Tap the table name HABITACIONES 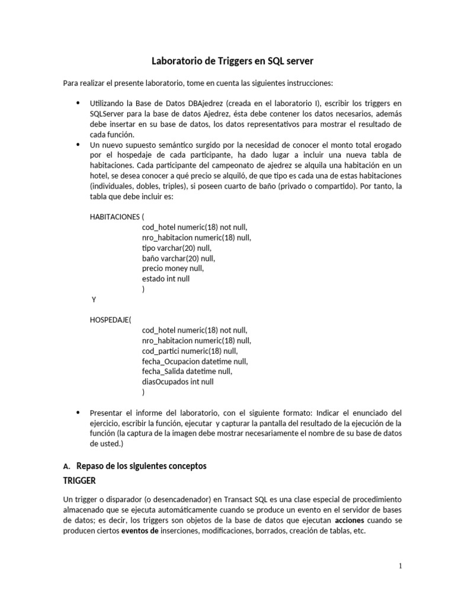114,216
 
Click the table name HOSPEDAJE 111,320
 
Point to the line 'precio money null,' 172,269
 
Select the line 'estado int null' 166,279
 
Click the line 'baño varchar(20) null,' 178,258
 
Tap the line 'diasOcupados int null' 178,382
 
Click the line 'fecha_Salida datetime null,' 187,372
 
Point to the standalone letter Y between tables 94,300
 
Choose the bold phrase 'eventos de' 140,531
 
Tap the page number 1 400,566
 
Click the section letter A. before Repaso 66,466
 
